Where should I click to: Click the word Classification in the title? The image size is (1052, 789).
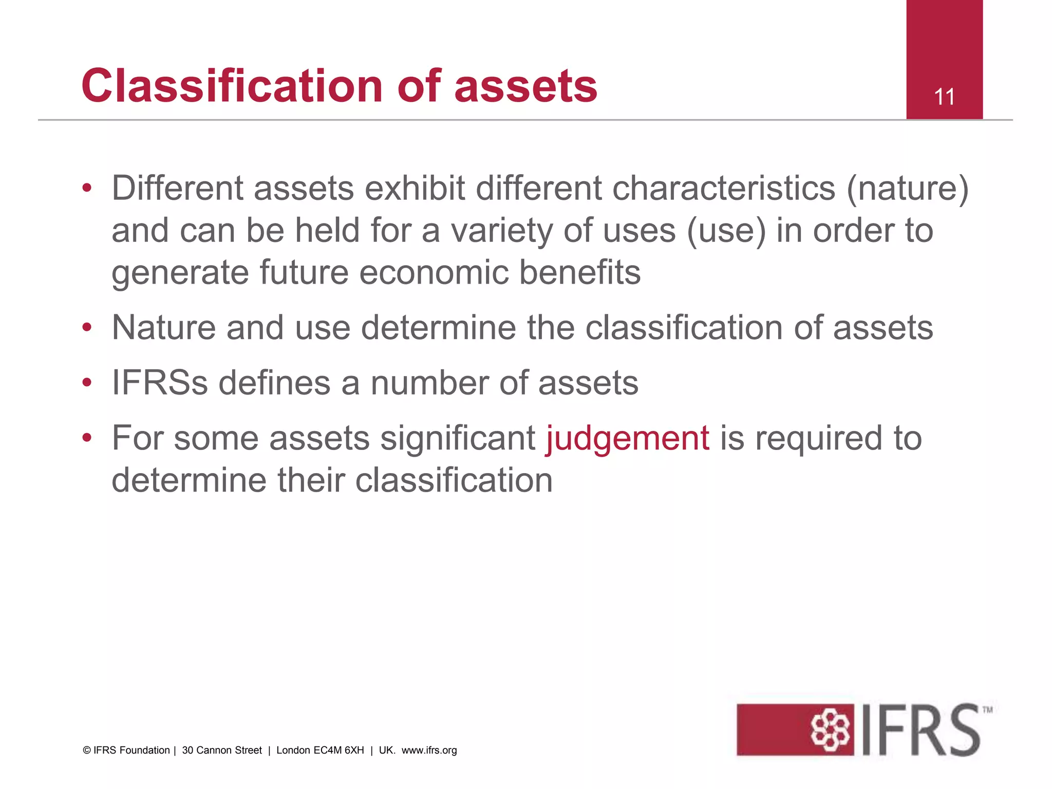point(232,86)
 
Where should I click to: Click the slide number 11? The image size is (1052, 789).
point(944,97)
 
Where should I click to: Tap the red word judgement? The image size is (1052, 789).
point(628,438)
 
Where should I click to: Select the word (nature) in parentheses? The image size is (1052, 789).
point(907,188)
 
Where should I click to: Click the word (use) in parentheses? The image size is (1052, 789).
point(726,230)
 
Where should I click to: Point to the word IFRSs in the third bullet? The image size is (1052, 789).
point(160,383)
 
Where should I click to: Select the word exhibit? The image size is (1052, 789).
point(414,188)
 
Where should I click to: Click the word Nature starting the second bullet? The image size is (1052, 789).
point(164,327)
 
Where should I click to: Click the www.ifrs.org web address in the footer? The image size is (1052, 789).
point(429,750)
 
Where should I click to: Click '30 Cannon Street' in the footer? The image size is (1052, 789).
point(222,750)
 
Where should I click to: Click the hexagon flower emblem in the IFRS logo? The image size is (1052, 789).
point(830,729)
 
